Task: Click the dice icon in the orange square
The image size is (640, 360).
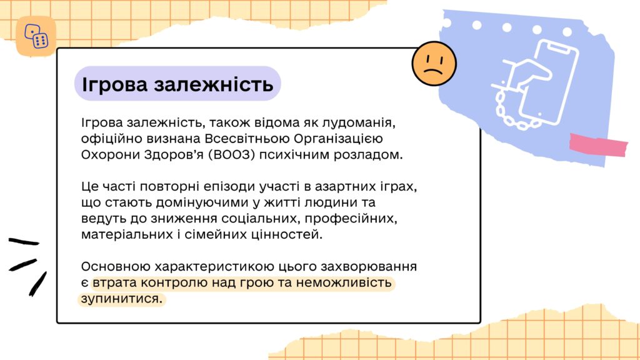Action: click(x=36, y=36)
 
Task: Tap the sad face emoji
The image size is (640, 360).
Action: click(x=434, y=64)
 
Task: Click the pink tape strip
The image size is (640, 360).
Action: click(x=598, y=145)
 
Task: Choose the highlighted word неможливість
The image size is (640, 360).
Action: click(x=344, y=282)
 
